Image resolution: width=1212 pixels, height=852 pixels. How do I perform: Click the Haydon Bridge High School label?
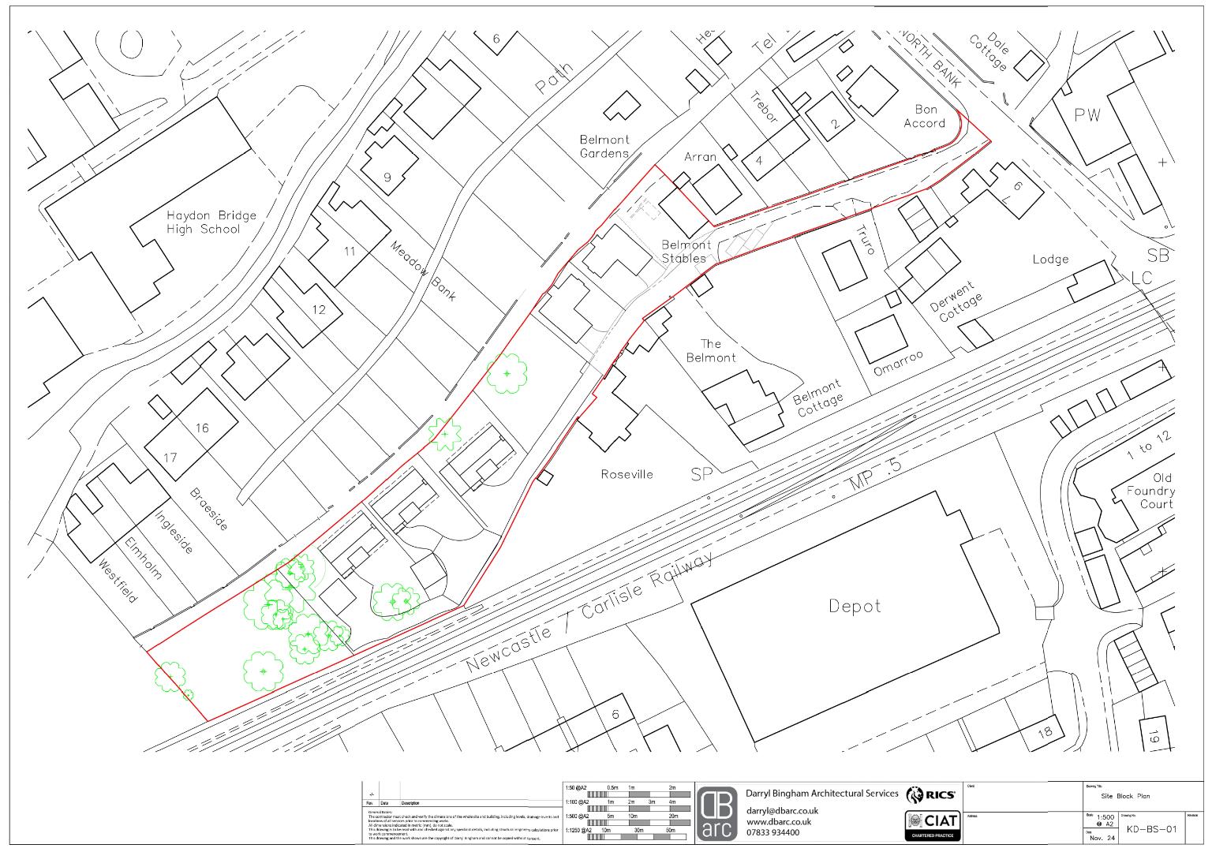tap(211, 222)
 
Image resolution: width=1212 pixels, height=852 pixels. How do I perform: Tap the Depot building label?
tap(855, 606)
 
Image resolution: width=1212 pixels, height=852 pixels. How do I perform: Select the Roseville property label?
tap(627, 474)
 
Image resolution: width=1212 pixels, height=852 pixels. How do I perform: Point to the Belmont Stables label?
tap(686, 251)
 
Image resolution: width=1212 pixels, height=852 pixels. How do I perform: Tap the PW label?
tap(1087, 115)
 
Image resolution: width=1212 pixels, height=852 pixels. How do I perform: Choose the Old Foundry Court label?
tap(1151, 491)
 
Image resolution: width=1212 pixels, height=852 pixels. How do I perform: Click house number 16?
tap(202, 428)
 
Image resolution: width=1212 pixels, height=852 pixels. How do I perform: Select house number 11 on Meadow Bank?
tap(350, 252)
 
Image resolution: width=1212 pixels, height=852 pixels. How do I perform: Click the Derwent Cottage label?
tap(960, 301)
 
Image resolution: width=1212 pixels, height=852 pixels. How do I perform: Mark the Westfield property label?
tap(117, 581)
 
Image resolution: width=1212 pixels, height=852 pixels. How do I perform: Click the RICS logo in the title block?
tap(932, 794)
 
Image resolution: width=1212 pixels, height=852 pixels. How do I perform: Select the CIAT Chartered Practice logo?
tap(932, 824)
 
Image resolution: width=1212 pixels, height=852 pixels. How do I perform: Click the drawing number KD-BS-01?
tap(1150, 829)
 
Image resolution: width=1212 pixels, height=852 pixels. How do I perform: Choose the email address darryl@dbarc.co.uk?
tap(781, 810)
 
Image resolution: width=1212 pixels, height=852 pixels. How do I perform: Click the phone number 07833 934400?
tap(772, 832)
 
